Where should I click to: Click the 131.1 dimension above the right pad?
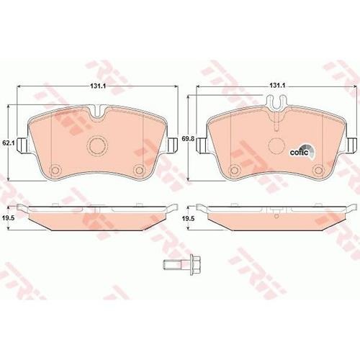point(277,86)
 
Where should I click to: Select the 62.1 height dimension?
point(9,143)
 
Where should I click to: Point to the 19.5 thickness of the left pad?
point(7,218)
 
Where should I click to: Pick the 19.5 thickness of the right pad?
point(186,218)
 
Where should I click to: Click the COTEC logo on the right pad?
point(302,152)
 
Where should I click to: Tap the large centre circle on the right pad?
point(276,145)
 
